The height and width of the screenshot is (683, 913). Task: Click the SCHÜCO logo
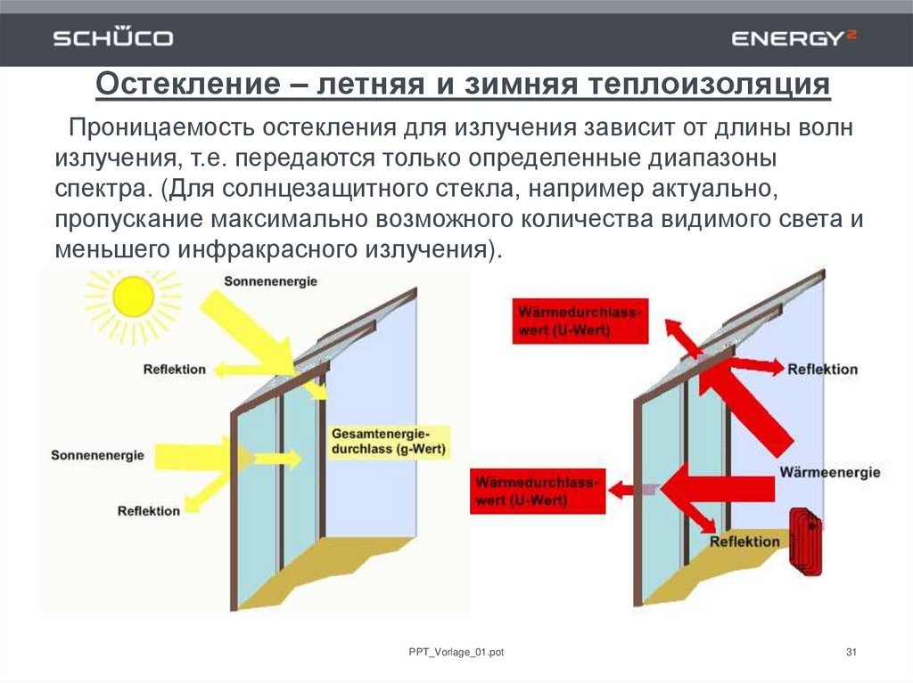click(113, 38)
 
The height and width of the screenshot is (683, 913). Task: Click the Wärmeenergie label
click(829, 472)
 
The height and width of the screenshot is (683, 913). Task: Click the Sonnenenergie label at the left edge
click(97, 455)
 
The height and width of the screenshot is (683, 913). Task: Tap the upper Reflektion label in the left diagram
click(174, 369)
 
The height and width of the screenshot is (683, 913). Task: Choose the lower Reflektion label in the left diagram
click(148, 510)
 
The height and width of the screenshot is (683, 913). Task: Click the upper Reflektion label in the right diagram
click(822, 369)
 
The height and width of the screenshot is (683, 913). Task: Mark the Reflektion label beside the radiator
click(744, 541)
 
